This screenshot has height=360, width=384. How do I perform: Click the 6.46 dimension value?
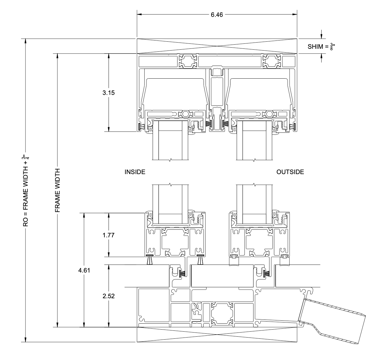(217, 14)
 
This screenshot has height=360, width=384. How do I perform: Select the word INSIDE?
(135, 172)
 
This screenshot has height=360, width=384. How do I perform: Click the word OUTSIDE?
(290, 172)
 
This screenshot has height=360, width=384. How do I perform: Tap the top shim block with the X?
(217, 46)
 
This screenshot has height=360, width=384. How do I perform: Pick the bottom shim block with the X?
(217, 335)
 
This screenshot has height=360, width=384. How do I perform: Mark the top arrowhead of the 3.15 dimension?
(109, 56)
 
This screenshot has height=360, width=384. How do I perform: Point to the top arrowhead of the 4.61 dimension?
(84, 216)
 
